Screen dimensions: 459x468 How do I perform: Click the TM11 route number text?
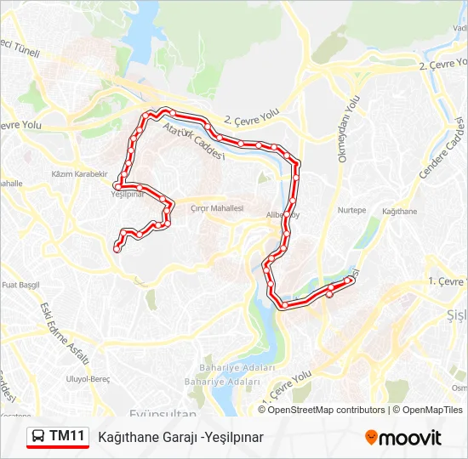(x=67, y=437)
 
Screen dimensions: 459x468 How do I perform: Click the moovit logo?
(x=403, y=438)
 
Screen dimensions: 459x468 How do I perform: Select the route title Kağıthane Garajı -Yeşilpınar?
(x=180, y=437)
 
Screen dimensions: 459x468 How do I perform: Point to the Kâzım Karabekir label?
(x=79, y=173)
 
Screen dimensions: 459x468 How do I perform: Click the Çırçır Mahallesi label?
(x=217, y=208)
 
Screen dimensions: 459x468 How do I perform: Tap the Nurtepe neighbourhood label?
(x=351, y=210)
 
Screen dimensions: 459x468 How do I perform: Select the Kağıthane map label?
(x=400, y=210)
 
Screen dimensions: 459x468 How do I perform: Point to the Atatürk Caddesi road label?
(x=196, y=140)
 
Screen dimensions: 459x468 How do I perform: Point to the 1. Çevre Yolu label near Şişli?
(x=448, y=280)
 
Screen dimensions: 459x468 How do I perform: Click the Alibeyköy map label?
(x=282, y=215)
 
